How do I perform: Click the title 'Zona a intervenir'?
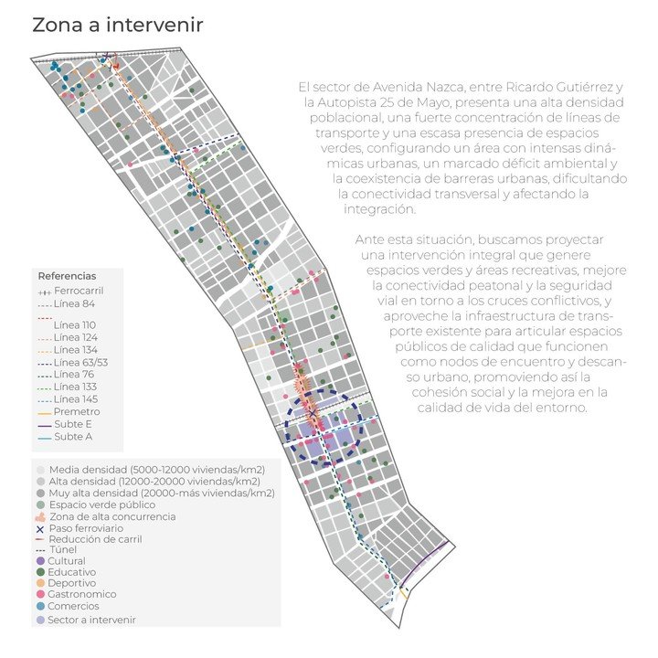117,26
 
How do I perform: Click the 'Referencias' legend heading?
67,275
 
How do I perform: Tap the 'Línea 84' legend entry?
74,303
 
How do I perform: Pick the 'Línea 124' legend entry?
78,337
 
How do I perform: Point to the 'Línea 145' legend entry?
78,399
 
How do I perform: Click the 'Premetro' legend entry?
77,411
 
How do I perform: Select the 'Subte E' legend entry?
73,424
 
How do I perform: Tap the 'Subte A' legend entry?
73,437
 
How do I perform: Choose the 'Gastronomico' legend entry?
85,594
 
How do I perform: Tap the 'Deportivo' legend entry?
77,583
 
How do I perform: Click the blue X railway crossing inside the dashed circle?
313,414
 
